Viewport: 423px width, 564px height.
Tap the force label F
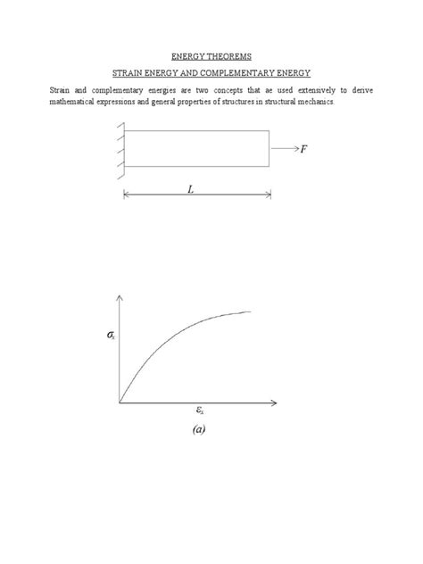point(304,149)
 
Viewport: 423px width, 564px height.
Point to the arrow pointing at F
point(284,149)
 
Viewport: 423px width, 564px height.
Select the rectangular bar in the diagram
point(196,149)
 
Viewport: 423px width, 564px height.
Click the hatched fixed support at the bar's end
point(117,149)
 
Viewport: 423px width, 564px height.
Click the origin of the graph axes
point(119,402)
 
